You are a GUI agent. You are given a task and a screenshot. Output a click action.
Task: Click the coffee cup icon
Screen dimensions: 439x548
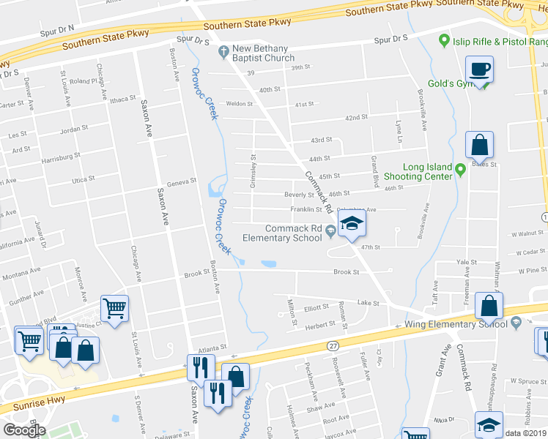point(480,70)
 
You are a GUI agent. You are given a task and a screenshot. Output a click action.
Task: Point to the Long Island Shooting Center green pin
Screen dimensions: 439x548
point(460,170)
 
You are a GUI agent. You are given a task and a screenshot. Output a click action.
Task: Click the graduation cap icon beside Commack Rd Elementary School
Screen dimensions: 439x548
point(352,223)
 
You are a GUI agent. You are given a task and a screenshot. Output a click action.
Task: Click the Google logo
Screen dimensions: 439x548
point(24,430)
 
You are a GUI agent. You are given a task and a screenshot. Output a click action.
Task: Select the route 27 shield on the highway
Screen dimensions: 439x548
point(333,345)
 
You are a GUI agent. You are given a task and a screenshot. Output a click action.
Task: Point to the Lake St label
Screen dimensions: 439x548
point(368,303)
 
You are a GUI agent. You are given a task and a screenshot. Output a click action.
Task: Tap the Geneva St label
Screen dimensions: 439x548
point(182,181)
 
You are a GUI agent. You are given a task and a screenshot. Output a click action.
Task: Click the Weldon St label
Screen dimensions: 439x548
point(239,104)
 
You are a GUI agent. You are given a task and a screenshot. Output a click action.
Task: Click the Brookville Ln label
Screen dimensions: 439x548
point(423,110)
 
